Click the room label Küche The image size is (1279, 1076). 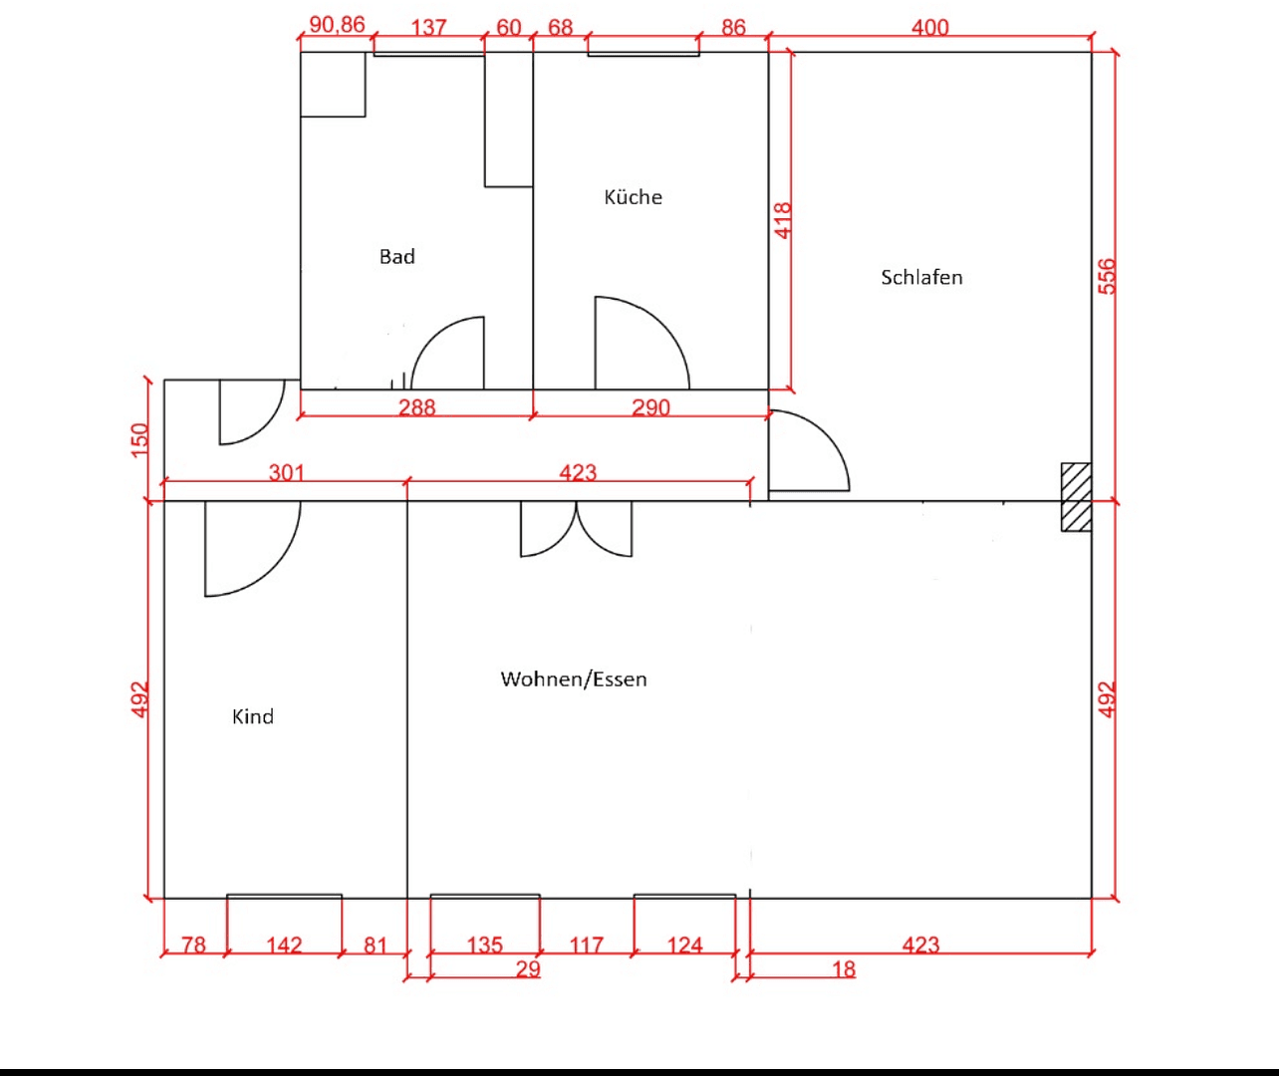pos(633,197)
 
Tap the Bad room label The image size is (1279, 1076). pos(396,257)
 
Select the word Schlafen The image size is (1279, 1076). pos(921,278)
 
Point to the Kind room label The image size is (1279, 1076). pos(252,717)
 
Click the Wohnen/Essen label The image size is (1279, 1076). pos(574,679)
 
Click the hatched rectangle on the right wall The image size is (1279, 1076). pos(1076,497)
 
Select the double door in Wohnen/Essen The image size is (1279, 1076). pos(576,528)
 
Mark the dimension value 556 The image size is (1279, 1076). pos(1107,276)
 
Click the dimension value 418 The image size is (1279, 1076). pos(783,220)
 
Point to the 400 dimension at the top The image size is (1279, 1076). pos(929,27)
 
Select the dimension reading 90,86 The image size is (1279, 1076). pos(337,25)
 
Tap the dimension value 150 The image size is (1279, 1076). pos(139,439)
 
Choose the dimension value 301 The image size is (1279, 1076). pos(286,471)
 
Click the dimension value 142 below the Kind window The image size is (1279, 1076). pos(284,943)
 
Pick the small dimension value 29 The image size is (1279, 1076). pos(528,968)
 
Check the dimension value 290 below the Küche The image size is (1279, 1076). pos(650,407)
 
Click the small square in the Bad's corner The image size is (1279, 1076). pos(333,85)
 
